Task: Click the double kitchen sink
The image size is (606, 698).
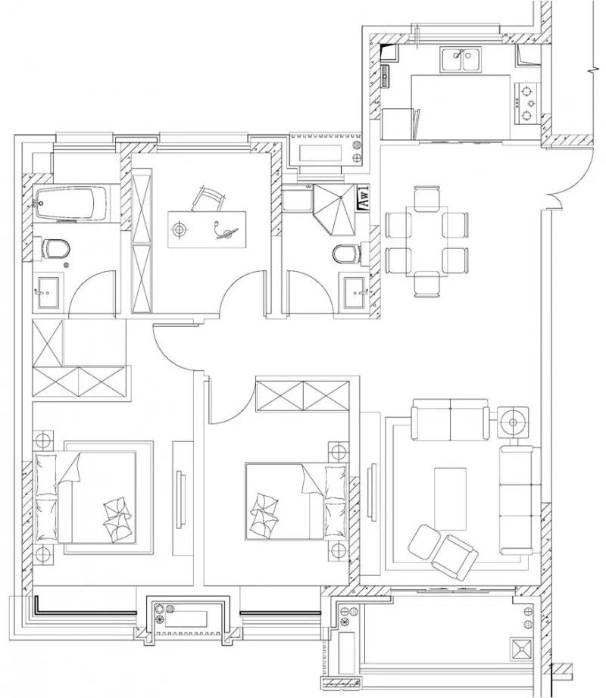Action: click(464, 60)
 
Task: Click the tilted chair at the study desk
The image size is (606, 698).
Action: click(209, 199)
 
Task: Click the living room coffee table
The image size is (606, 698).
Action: click(451, 496)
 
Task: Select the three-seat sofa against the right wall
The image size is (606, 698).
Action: click(517, 500)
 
